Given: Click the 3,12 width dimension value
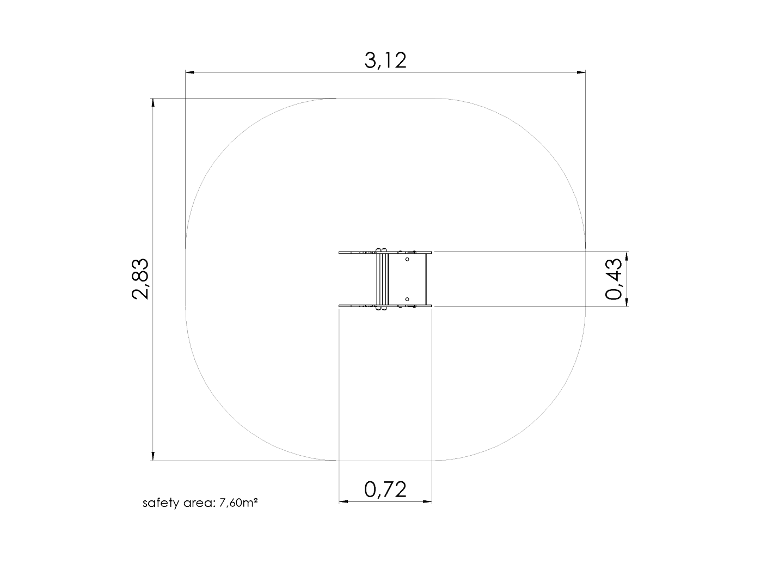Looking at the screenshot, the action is point(385,60).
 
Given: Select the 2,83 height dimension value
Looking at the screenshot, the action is point(140,279).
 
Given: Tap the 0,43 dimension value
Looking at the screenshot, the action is point(613,279).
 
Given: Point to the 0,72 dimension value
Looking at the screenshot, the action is point(385,489).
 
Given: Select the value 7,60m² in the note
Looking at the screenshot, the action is point(238,503).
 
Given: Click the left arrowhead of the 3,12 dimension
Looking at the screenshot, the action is point(190,72).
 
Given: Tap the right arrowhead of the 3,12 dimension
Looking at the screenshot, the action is point(581,72).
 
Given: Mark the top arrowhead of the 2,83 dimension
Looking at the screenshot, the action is point(153,103).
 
